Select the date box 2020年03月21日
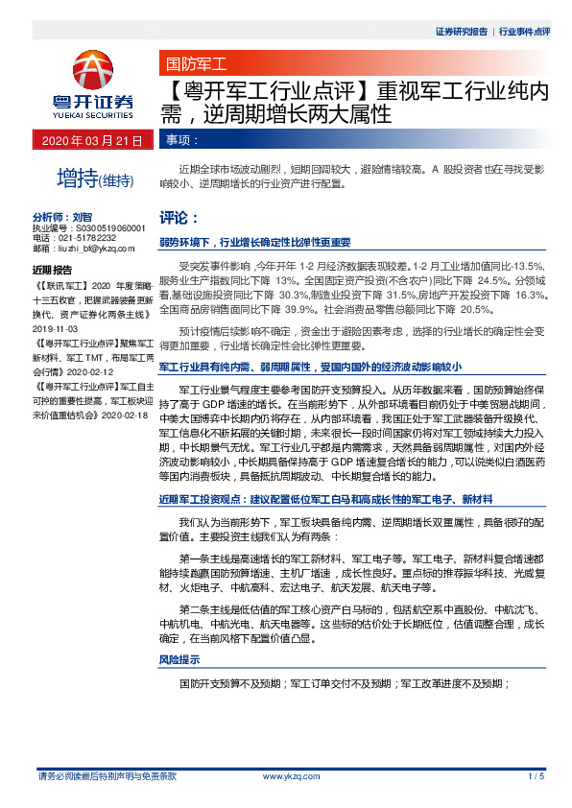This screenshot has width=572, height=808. pyautogui.click(x=92, y=140)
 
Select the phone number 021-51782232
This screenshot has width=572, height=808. pyautogui.click(x=89, y=237)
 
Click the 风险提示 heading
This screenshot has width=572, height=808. pyautogui.click(x=179, y=660)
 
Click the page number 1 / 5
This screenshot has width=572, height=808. pyautogui.click(x=536, y=775)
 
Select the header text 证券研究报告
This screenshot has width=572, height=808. pyautogui.click(x=462, y=31)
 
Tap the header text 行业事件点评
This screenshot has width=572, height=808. pyautogui.click(x=525, y=31)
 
